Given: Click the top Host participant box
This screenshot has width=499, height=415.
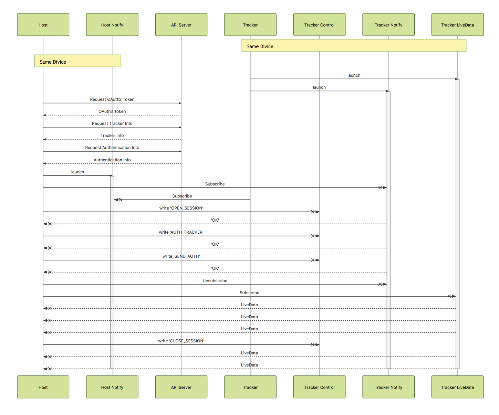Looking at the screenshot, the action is (43, 25).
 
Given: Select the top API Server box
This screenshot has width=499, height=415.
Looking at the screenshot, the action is (181, 25).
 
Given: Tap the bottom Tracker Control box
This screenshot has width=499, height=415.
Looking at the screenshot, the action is (319, 387).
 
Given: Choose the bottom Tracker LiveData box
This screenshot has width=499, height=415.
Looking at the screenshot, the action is (457, 387).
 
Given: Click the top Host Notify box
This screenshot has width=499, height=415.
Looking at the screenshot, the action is (112, 25).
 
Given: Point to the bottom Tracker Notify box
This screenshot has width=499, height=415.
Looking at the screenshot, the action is (388, 387).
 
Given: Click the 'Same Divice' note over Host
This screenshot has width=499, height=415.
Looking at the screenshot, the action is (77, 61).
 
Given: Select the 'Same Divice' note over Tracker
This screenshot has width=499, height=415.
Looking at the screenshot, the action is (354, 46).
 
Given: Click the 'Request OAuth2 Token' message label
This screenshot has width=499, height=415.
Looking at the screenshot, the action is (112, 99).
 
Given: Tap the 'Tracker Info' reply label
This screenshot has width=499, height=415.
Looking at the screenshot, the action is (112, 136).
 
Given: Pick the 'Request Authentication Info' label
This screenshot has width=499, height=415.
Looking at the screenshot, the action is (112, 148).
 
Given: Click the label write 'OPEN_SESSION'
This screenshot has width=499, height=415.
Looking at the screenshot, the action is (181, 208).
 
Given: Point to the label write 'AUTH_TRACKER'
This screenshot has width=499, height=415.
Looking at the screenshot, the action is (181, 232).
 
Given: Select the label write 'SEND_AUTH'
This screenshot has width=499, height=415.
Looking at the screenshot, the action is (181, 256).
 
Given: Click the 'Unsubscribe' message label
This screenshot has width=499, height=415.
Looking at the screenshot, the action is (215, 281).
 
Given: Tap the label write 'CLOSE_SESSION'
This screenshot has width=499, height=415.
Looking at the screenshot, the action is (181, 341).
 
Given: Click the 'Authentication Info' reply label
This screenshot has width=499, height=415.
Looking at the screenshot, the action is (112, 160).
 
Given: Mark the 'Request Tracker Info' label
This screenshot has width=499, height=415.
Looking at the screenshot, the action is (112, 124).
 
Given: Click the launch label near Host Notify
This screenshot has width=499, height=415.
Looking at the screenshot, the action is (77, 172).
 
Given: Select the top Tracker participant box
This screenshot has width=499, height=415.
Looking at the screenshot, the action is (250, 25).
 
